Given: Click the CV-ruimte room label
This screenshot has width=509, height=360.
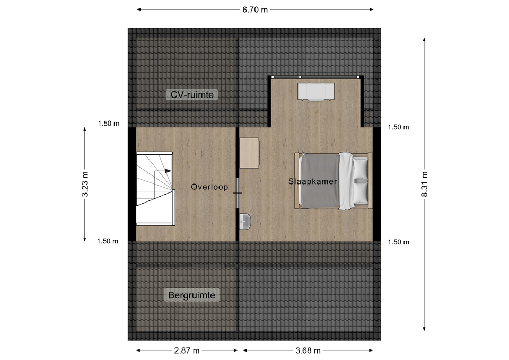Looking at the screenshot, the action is [192, 95].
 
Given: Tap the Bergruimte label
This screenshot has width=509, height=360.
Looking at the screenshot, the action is [191, 295].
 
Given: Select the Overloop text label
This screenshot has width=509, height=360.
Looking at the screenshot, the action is [209, 187].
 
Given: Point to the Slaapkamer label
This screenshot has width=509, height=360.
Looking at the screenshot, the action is [312, 181].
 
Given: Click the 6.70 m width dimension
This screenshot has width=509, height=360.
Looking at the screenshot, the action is [255, 10].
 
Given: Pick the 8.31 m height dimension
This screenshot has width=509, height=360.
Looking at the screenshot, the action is [424, 184].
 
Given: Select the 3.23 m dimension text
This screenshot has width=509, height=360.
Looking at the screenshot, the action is [85, 184].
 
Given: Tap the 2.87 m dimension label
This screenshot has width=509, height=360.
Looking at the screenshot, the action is [187, 350].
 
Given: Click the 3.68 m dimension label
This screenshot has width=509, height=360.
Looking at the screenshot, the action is [308, 350].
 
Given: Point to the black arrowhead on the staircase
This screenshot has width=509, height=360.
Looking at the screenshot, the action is [168, 171].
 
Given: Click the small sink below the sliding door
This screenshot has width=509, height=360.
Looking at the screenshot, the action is [245, 222].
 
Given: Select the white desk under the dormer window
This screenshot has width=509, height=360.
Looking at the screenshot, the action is [316, 91].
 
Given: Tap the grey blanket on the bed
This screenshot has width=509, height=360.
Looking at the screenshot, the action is [320, 181].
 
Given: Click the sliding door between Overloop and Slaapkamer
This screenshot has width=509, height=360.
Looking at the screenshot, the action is [238, 193].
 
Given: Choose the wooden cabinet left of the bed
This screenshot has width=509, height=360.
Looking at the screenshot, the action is [249, 153].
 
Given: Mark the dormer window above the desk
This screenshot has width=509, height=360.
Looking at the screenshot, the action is [316, 77].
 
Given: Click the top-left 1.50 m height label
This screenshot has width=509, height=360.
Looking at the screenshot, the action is [109, 124].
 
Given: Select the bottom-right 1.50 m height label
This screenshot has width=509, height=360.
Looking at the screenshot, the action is [399, 242].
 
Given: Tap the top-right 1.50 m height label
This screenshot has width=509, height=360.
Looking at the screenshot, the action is [399, 127].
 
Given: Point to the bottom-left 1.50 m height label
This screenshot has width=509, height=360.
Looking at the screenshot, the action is [108, 241].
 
